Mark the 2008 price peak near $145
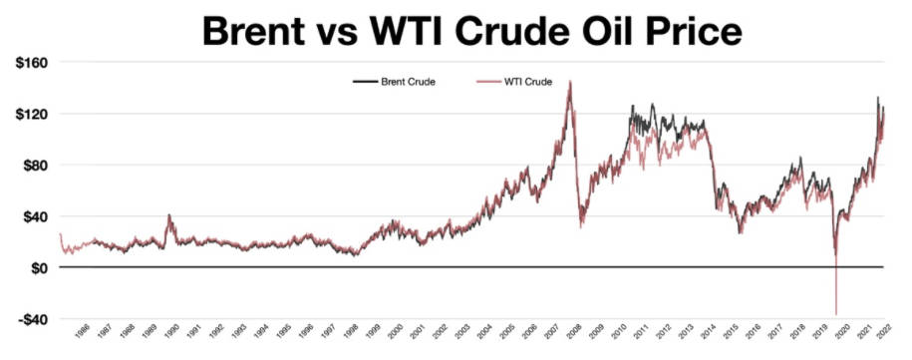[x=569, y=82]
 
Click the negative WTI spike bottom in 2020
[x=836, y=313]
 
